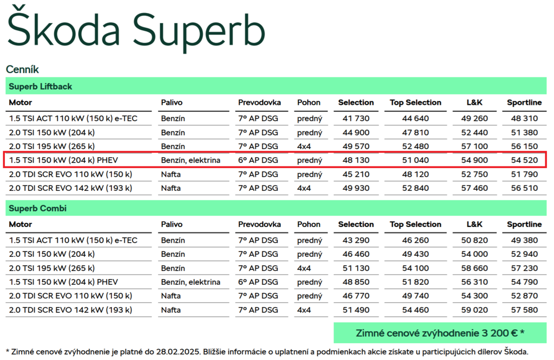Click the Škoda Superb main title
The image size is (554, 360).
[136, 31]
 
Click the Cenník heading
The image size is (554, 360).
[22, 69]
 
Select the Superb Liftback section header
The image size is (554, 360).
[40, 86]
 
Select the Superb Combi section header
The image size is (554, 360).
[37, 208]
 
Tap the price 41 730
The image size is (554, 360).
[356, 118]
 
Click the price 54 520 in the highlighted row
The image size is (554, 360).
[524, 160]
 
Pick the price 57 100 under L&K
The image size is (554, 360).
[474, 146]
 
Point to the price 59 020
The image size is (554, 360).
[474, 310]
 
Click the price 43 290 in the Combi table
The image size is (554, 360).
[356, 241]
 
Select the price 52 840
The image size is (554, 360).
[415, 188]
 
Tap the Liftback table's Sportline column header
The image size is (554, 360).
[524, 102]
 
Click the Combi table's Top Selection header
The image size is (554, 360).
[415, 224]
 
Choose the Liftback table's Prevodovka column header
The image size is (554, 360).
[259, 102]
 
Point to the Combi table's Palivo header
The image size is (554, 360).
[172, 224]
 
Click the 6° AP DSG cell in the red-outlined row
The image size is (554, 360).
[258, 160]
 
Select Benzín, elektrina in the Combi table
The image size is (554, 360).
[190, 282]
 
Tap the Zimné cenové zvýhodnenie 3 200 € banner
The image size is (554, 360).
[440, 333]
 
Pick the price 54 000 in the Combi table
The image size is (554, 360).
[474, 254]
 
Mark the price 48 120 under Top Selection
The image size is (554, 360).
[415, 175]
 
